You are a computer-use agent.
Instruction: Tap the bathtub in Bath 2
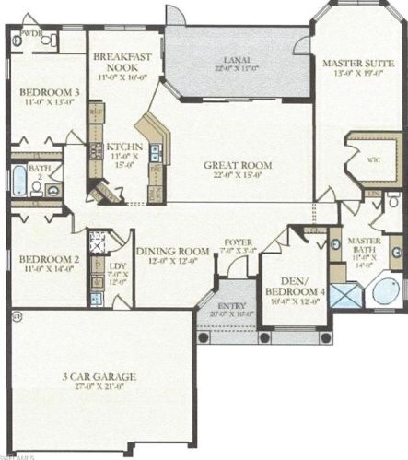pos(19,179)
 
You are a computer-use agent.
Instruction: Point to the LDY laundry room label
pos(119,270)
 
